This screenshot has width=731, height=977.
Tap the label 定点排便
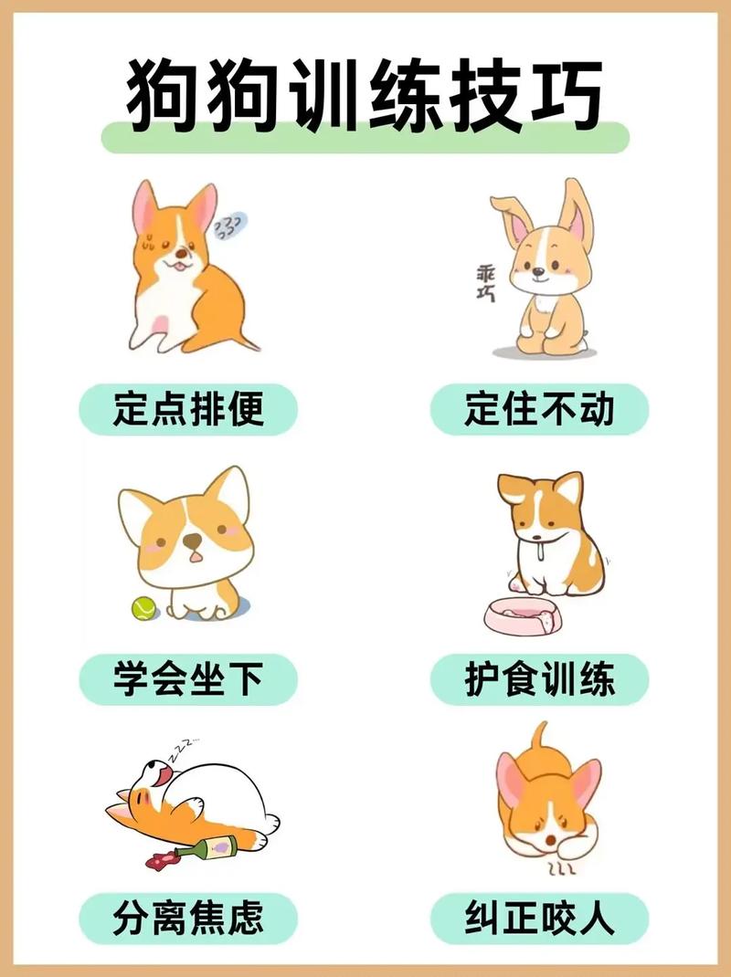[x=188, y=409]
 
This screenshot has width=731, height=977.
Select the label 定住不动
[x=539, y=409]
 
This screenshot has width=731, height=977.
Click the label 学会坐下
[x=188, y=679]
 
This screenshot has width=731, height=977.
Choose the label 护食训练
[x=539, y=679]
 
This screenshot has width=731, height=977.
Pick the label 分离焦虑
[x=188, y=918]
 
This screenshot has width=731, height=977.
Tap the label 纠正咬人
[x=539, y=918]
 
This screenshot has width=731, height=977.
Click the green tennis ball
[x=143, y=608]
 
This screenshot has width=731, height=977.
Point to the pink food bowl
[x=522, y=616]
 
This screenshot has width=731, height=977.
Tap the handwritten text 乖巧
[x=485, y=284]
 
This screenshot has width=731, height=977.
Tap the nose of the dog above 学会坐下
[x=192, y=542]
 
